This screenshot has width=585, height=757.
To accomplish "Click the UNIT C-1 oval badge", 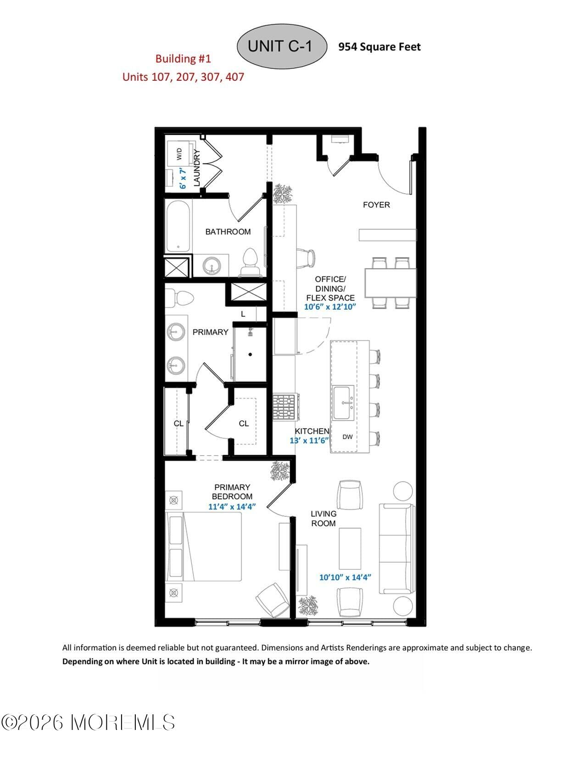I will pos(281,46).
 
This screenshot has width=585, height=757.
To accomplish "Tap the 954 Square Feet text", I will pos(379,47).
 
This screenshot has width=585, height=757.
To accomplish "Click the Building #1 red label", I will pos(183,59).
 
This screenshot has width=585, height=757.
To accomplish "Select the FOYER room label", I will pos(376,205).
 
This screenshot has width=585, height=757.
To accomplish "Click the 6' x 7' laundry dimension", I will pos(183,179).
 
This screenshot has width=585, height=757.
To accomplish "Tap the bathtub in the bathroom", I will pos(178,226).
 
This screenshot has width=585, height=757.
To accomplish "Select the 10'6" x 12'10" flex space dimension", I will pos(330,307).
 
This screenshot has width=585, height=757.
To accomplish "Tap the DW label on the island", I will pos(348,437).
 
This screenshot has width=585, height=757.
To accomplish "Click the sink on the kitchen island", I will pos(343,403).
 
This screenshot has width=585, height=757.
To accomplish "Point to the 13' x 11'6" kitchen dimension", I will pos(309,440).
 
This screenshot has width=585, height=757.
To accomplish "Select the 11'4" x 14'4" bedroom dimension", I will pos(232,507).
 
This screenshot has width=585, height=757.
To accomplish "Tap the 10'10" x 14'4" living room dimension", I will pos(345,577).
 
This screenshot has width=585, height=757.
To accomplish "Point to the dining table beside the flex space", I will pos(390,283).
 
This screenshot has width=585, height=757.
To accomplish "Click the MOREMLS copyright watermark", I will pos(88,722).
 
